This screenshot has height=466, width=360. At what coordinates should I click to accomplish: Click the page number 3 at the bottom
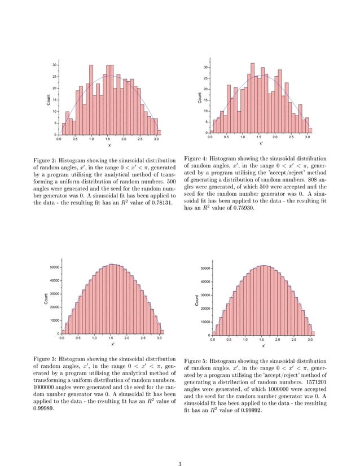[179, 449]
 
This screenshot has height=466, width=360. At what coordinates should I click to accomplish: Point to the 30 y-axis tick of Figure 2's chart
[54, 65]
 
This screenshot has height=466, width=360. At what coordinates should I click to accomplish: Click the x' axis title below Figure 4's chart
[261, 143]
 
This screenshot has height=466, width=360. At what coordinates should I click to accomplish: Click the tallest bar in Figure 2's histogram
[91, 99]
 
